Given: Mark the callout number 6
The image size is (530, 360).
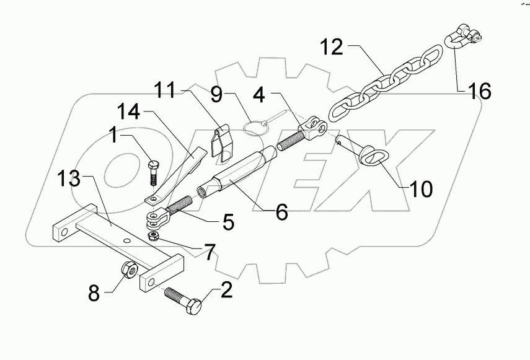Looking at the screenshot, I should coord(282,213).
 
